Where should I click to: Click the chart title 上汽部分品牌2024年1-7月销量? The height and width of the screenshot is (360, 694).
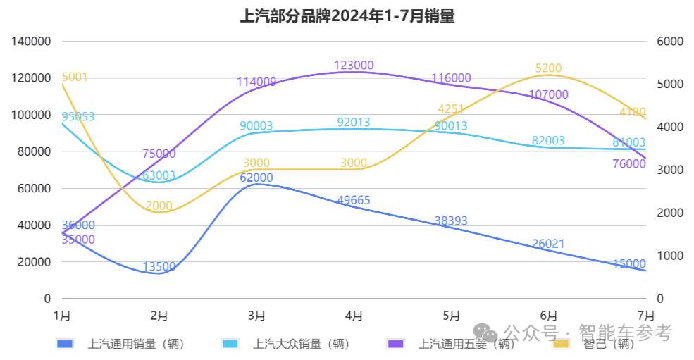[347, 16]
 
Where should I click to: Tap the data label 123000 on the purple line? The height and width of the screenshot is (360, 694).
[354, 66]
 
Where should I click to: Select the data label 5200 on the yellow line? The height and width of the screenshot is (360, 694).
[548, 68]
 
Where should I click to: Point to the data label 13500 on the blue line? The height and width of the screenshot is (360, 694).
[159, 267]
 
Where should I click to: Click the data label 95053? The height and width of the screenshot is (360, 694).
[78, 117]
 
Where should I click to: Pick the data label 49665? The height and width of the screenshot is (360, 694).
[354, 201]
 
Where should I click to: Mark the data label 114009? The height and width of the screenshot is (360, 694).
[256, 82]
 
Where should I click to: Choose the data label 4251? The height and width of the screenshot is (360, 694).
[451, 109]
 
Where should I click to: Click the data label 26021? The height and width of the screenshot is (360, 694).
[548, 244]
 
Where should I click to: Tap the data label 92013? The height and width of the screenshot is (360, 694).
[354, 123]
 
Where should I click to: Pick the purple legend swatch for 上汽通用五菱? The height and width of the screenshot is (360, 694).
[397, 344]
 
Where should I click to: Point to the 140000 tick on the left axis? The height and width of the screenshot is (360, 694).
[32, 42]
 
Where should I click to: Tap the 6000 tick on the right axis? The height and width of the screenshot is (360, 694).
[670, 42]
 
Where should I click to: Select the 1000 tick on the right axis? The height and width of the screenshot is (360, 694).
[670, 256]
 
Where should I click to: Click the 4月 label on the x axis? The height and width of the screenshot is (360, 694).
[354, 315]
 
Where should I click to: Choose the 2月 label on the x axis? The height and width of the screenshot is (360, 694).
[159, 315]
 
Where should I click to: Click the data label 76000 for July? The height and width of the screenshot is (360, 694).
[629, 164]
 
